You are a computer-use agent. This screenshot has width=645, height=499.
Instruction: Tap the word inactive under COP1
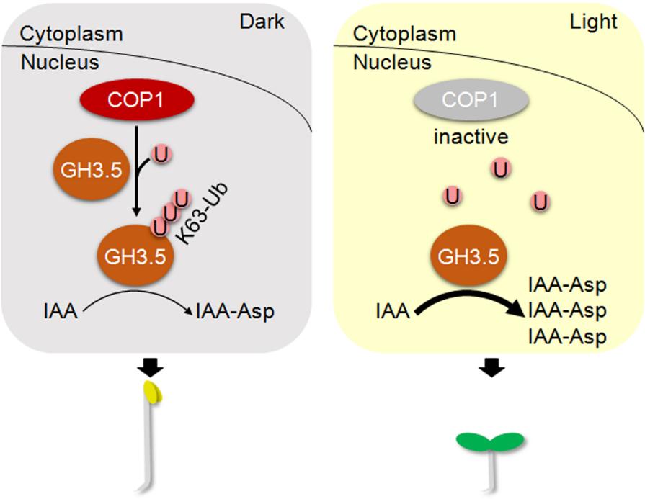coord(471,136)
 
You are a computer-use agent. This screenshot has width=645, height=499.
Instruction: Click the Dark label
coord(262,22)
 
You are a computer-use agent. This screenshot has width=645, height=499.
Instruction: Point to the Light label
coord(594,22)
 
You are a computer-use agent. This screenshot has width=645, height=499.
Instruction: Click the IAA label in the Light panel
coord(393,312)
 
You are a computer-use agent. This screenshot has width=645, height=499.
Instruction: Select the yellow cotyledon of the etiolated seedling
coord(152,391)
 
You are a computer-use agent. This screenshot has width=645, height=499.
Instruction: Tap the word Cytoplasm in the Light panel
coord(404,34)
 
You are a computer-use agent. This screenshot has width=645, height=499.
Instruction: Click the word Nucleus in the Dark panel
coord(60,62)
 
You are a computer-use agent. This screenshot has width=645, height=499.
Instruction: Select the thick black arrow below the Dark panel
coord(152,368)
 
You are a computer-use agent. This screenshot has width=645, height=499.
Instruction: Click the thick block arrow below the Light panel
coord(491,368)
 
